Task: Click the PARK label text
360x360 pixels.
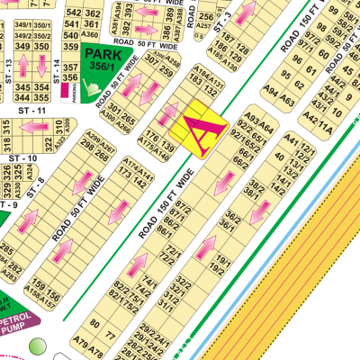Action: point(101,55)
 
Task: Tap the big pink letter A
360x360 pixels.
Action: point(203,130)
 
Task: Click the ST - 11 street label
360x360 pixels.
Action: point(32,109)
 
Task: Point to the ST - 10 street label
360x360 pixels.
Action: point(23,158)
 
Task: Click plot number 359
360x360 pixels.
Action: point(69,45)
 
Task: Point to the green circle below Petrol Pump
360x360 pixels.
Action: point(37,346)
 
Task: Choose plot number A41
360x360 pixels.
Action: point(292,141)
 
